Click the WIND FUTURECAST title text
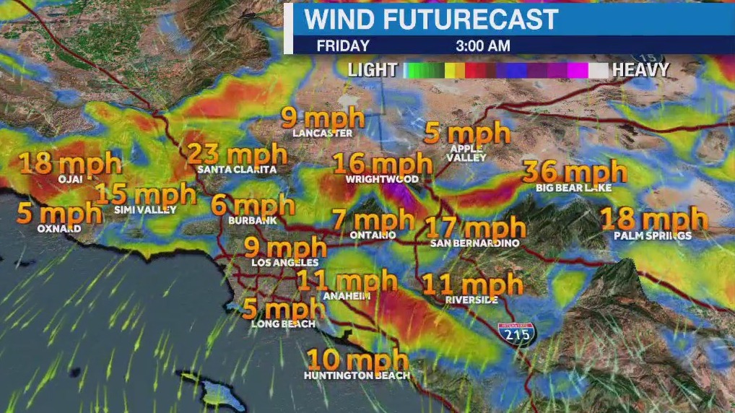coord(431,19)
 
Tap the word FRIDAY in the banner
coord(343,45)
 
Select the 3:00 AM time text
coord(482,45)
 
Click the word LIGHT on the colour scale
coord(373,70)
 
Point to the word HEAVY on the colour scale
coord(640,70)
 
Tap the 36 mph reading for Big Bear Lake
coord(575,172)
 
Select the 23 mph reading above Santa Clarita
coord(237,154)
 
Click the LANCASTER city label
coord(323,134)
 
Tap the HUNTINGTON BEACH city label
coord(357,375)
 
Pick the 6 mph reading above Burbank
coord(253,204)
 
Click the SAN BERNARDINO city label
coord(474,243)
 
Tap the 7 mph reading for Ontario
coord(373,219)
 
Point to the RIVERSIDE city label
coord(471,299)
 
